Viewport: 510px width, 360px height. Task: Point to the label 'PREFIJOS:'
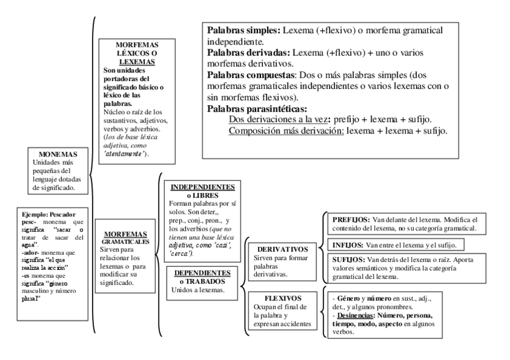pos(352,220)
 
